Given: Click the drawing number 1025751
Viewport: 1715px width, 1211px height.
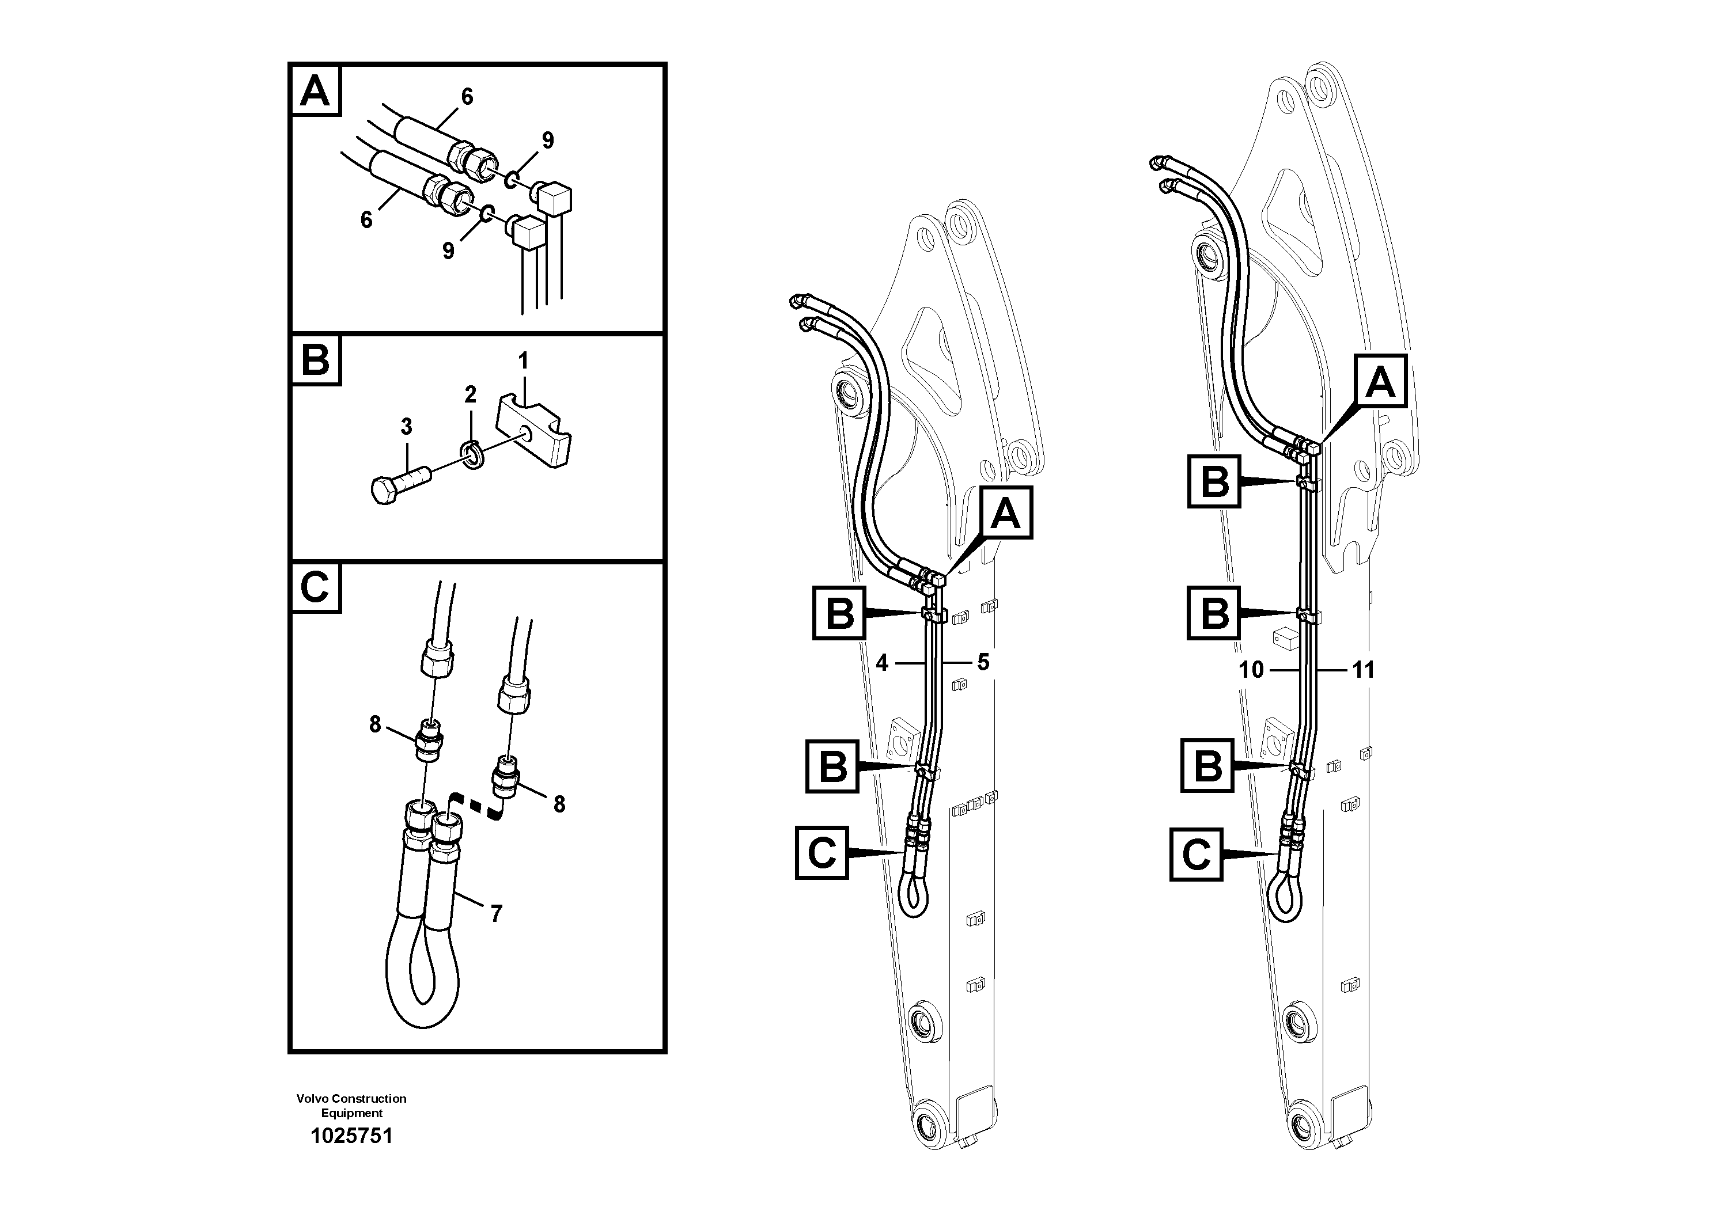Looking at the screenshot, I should (x=351, y=1136).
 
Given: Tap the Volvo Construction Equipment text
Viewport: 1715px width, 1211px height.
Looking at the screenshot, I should (x=351, y=1105).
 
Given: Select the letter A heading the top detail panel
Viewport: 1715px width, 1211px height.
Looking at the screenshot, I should (x=315, y=92).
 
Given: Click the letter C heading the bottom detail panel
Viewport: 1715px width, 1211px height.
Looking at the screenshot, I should (x=315, y=587).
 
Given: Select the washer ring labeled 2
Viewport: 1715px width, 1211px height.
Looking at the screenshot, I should (x=471, y=453).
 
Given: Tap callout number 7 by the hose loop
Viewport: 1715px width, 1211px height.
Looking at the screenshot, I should (x=496, y=913).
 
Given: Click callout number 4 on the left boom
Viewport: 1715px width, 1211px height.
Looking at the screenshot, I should (x=882, y=662).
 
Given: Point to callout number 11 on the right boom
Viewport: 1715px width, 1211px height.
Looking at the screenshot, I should (x=1363, y=670).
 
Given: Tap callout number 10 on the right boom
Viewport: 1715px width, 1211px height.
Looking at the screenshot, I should (x=1251, y=670).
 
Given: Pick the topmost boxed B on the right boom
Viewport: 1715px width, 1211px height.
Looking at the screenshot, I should (x=1214, y=481).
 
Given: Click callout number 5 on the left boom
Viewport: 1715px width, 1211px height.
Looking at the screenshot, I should (x=983, y=662).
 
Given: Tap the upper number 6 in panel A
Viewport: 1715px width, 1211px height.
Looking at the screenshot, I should (x=467, y=96).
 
